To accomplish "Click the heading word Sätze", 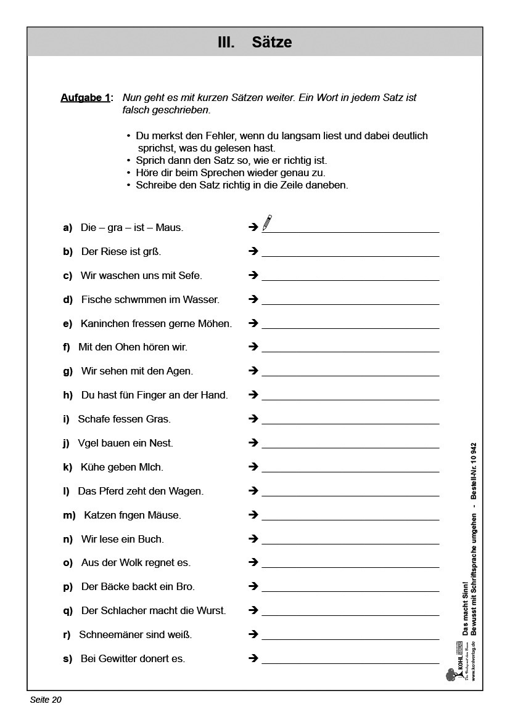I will pos(271,42).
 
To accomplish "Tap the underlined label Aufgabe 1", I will pos(85,98).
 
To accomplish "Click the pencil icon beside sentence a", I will pos(267,222).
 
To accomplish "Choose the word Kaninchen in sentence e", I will pos(104,324).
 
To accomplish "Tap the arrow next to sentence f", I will pos(253,347).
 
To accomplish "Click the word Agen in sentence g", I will pos(179,371).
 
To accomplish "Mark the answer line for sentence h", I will pos(350,399).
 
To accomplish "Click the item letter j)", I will pos(66,443).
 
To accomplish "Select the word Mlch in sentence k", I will pos(152,467).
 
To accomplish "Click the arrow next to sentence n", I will pos(253,539).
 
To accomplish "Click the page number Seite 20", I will pos(46,700).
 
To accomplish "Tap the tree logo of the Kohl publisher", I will pos(450,676).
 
